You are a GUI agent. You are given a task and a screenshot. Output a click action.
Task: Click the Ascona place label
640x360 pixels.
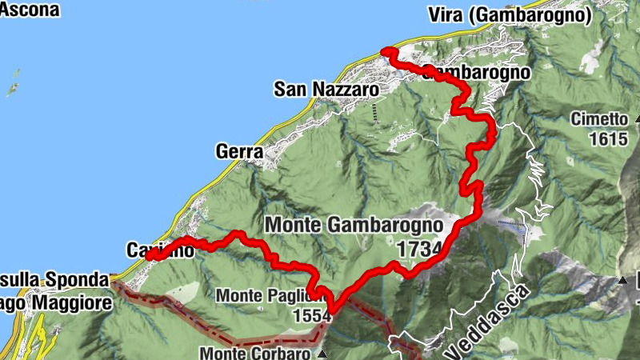tap(30, 10)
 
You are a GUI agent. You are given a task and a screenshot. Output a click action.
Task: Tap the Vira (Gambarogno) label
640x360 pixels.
tap(521, 14)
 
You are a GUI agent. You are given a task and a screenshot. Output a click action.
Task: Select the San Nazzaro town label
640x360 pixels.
tap(326, 89)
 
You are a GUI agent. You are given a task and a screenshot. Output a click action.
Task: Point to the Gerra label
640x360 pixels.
tap(239, 150)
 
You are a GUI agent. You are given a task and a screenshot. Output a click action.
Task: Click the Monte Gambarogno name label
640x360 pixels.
tap(356, 226)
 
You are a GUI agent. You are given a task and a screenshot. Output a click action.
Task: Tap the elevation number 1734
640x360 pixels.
tap(418, 249)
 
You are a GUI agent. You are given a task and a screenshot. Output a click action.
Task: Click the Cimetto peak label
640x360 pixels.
tap(599, 119)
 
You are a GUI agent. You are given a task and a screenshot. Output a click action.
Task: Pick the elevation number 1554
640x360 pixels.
tap(312, 316)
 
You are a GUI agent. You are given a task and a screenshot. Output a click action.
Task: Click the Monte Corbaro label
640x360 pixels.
tap(255, 352)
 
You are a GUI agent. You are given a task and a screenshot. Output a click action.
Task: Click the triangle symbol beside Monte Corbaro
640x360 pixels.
tap(322, 353)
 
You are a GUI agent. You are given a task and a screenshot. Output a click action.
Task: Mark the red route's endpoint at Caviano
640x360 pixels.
tap(153, 256)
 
